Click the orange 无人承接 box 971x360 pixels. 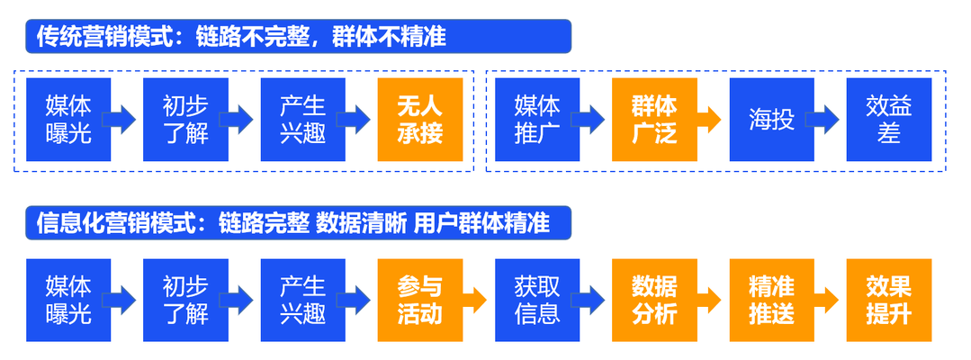[420, 120]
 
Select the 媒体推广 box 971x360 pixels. [537, 120]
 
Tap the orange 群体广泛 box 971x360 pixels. [654, 120]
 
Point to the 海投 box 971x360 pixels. [771, 120]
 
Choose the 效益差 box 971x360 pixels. [888, 120]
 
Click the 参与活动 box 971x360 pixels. [420, 301]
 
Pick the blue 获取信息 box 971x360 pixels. [537, 301]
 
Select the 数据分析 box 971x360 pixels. [654, 301]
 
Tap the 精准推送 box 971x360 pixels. [771, 301]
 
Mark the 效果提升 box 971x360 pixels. [888, 301]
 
